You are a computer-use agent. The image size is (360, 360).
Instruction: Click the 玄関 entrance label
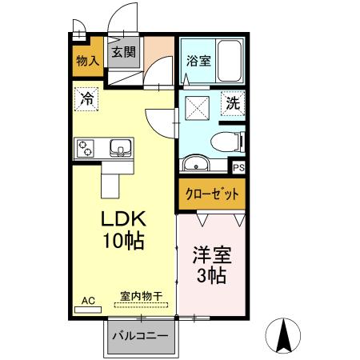point(123,54)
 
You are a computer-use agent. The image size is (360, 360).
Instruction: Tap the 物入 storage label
point(87,60)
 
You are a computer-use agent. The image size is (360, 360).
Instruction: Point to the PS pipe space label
point(238,168)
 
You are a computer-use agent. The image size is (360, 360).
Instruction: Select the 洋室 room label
point(211,257)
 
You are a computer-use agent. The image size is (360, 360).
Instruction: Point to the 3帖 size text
point(211,277)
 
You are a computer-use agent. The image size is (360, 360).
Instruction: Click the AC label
point(88,300)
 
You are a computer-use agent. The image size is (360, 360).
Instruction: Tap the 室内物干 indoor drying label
point(141,296)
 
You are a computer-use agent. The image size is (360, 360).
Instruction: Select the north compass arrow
point(284,335)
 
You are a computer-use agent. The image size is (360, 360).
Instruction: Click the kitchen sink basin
point(121,147)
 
